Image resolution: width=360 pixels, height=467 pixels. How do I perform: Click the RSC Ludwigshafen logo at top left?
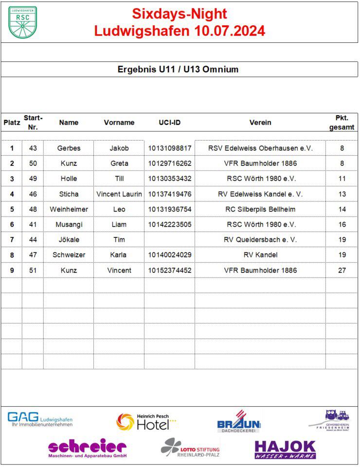(22, 22)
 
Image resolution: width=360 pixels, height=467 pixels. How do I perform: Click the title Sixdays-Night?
(180, 14)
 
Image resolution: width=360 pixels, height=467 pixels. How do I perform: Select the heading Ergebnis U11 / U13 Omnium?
(178, 69)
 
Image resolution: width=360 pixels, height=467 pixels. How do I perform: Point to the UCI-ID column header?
(170, 123)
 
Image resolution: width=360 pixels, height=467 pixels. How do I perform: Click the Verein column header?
(260, 123)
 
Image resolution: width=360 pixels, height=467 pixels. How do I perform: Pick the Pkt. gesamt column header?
(342, 123)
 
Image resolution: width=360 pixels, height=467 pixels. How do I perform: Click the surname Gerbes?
(69, 148)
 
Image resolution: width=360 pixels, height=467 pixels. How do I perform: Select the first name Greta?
(119, 163)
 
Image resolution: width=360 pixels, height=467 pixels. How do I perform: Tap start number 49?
(33, 179)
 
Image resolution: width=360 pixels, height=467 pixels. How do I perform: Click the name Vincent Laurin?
(119, 194)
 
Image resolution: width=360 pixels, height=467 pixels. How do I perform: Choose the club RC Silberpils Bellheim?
(260, 209)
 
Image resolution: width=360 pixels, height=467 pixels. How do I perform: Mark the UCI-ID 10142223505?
(170, 224)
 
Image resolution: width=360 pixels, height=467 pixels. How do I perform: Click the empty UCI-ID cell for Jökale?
(170, 240)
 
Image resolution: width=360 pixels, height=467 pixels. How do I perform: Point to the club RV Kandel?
(260, 255)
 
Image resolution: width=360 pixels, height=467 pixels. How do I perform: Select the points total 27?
(342, 270)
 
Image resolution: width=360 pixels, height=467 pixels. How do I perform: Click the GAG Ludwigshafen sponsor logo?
(40, 419)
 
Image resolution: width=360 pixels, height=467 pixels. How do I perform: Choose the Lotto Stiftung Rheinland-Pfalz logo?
(190, 448)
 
